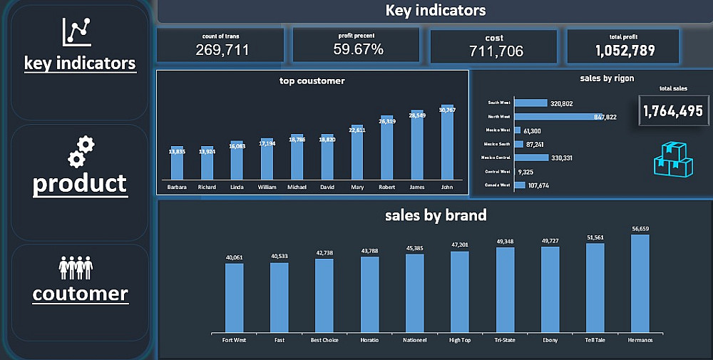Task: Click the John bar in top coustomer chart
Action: coord(447,143)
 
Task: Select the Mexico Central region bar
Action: coord(531,158)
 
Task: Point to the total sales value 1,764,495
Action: coord(672,111)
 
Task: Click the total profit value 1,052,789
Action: coord(625,50)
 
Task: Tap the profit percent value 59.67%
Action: coord(358,49)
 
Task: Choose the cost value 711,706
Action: coord(496,51)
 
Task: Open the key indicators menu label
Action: coord(80,63)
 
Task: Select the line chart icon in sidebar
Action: coord(77,31)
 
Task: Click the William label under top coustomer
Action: coord(267,187)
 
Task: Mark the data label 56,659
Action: coord(640,229)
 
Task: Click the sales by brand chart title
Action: coord(435,215)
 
